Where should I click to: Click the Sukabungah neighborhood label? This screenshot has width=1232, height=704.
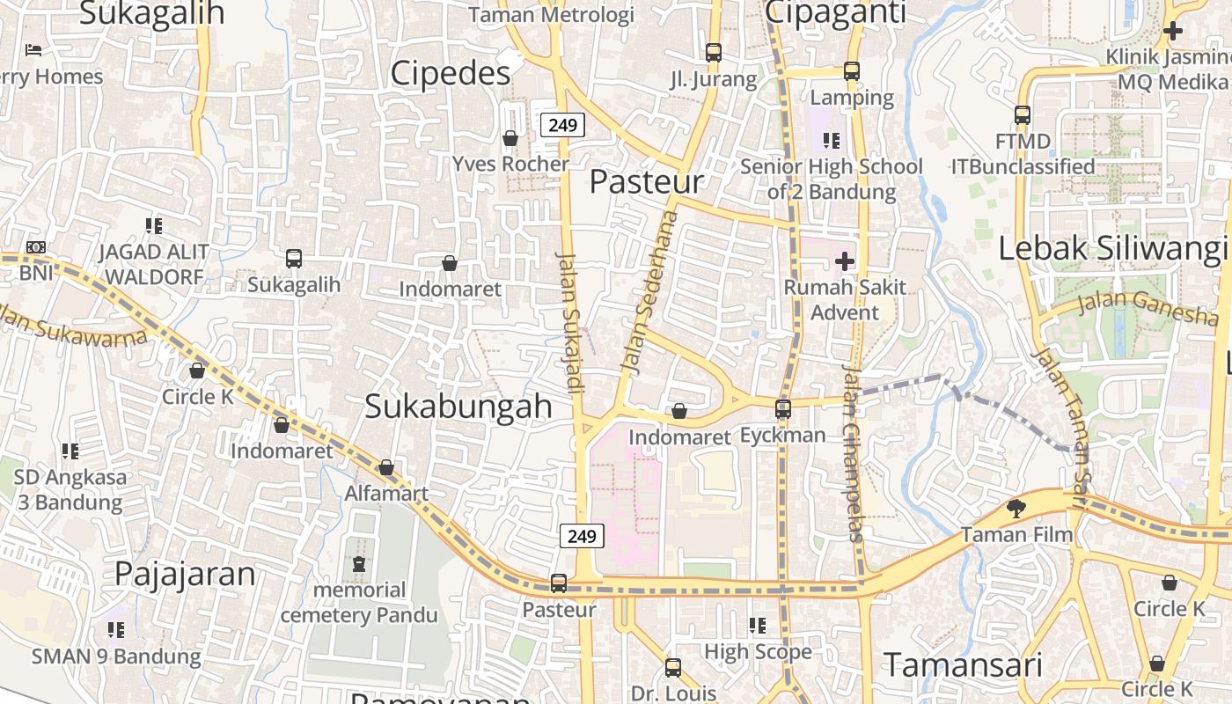[x=458, y=407]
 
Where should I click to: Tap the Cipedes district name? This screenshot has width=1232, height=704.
[x=450, y=73]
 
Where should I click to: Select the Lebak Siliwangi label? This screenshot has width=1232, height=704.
[x=1112, y=249]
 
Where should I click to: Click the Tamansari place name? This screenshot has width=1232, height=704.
[x=963, y=665]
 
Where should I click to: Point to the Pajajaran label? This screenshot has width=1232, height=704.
[x=185, y=575]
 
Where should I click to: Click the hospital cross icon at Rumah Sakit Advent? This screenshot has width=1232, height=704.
[x=845, y=261]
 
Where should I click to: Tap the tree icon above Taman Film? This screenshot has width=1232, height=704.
[x=1016, y=508]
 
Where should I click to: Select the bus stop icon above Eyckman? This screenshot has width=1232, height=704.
[x=783, y=409]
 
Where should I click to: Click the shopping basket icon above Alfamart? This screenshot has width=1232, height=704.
[x=386, y=467]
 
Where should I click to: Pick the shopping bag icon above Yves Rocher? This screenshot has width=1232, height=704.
[x=510, y=138]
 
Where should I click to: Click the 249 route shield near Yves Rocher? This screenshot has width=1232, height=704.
[x=562, y=125]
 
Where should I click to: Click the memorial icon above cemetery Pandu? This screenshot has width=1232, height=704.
[x=359, y=564]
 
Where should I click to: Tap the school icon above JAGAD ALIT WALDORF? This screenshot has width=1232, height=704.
[x=154, y=226]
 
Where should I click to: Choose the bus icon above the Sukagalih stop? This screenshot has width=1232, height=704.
[x=294, y=259]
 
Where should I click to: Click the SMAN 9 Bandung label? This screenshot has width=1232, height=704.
[x=116, y=656]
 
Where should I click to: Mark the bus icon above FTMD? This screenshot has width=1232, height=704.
[x=1023, y=115]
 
